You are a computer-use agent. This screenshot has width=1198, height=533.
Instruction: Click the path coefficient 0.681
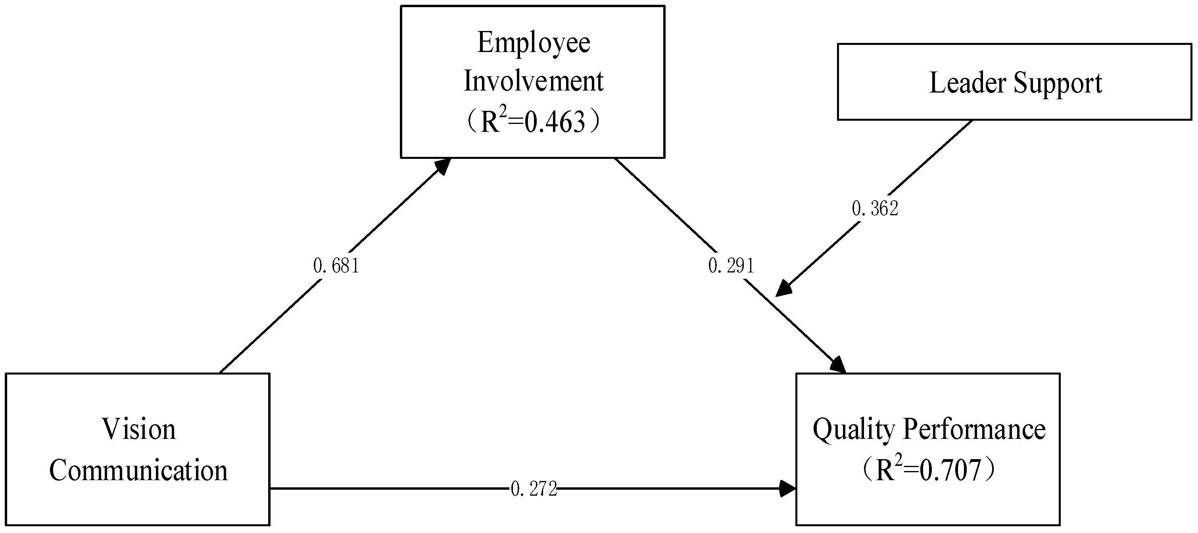coord(336,266)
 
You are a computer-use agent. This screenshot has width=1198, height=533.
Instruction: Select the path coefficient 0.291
coord(731,265)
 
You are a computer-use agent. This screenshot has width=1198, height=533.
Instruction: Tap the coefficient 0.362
coord(875,208)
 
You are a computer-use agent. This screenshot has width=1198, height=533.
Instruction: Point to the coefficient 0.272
coord(534,489)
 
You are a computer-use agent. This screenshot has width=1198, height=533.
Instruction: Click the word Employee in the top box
coord(534,43)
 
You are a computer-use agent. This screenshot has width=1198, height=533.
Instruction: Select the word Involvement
coord(534,81)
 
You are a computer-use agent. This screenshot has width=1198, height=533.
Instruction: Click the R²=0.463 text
coord(533,122)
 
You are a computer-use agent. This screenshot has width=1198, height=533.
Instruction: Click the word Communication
coord(138,470)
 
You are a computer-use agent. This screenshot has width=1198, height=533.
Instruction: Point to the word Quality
coord(853,430)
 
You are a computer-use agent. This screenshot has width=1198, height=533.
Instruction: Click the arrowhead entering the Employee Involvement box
coord(443,165)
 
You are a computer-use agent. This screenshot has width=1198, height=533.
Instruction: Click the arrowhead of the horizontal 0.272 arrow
coord(788,489)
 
